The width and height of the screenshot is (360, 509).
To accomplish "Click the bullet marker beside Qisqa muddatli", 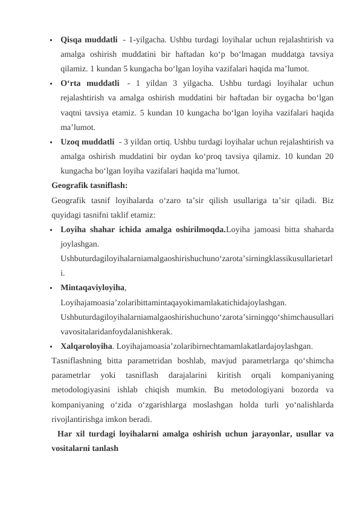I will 53,41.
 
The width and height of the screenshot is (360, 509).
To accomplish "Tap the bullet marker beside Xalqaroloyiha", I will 53,347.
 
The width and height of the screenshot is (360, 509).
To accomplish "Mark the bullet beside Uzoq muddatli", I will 53,143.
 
